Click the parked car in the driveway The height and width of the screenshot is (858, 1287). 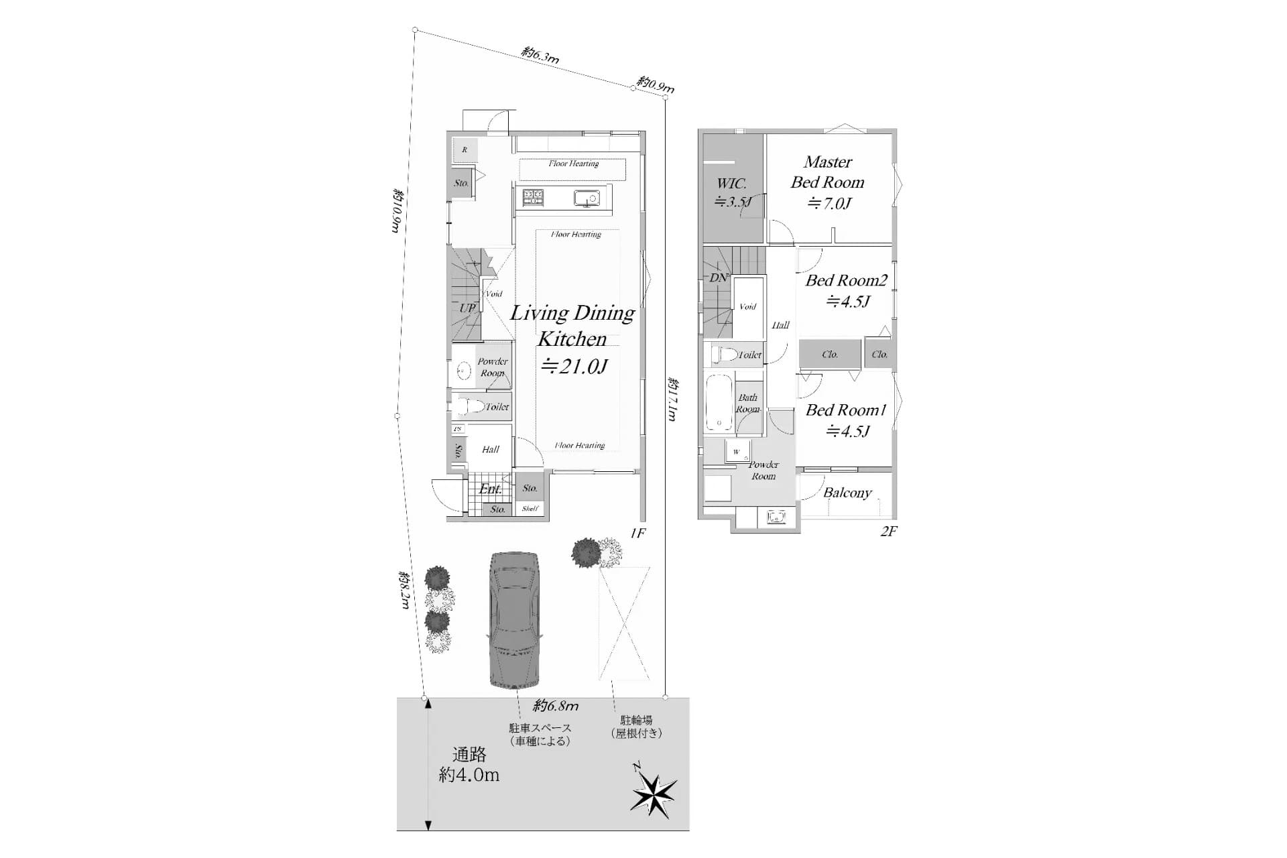[514, 620]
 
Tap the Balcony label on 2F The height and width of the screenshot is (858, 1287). [847, 493]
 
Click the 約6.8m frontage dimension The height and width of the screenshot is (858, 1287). [556, 706]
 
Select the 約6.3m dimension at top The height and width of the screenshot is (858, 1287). [540, 55]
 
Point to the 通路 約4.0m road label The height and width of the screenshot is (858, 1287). [469, 765]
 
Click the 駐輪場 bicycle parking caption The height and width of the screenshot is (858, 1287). [636, 727]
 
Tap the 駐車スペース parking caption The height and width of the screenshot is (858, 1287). [540, 735]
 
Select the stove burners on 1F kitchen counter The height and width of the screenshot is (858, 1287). [534, 198]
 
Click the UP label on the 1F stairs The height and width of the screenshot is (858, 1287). [467, 308]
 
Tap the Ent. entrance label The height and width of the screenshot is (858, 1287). [490, 489]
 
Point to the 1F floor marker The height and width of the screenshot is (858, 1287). [637, 533]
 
